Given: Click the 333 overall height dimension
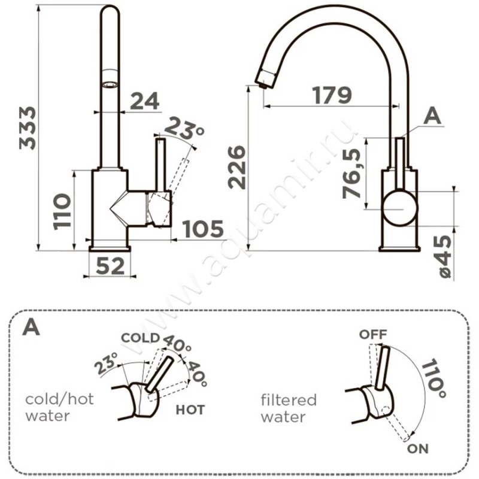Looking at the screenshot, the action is pos(28,128).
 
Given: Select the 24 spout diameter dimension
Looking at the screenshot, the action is pos(145,101).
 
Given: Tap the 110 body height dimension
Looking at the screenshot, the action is pos(62,211).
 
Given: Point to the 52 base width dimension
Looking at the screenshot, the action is pos(110,266).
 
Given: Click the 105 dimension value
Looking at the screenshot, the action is pos(203,229).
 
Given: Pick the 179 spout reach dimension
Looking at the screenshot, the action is pos(332,95).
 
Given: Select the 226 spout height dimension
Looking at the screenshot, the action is pos(237,168).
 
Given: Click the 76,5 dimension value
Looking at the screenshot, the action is pos(351,174).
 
